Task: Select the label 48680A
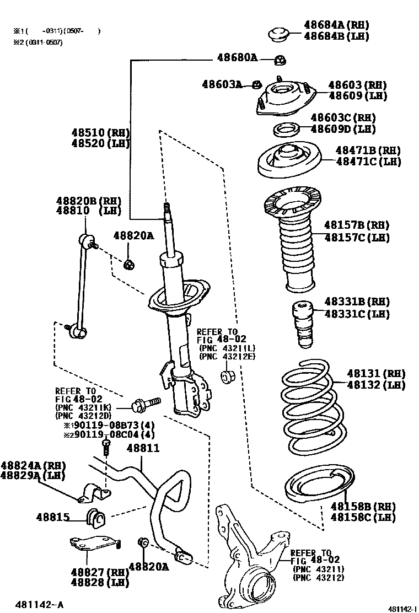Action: coord(237,57)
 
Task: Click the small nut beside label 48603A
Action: coord(256,84)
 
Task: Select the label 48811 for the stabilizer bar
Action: coord(143,449)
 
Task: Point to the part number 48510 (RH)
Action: coord(100,133)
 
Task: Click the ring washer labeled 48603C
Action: coord(287,130)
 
